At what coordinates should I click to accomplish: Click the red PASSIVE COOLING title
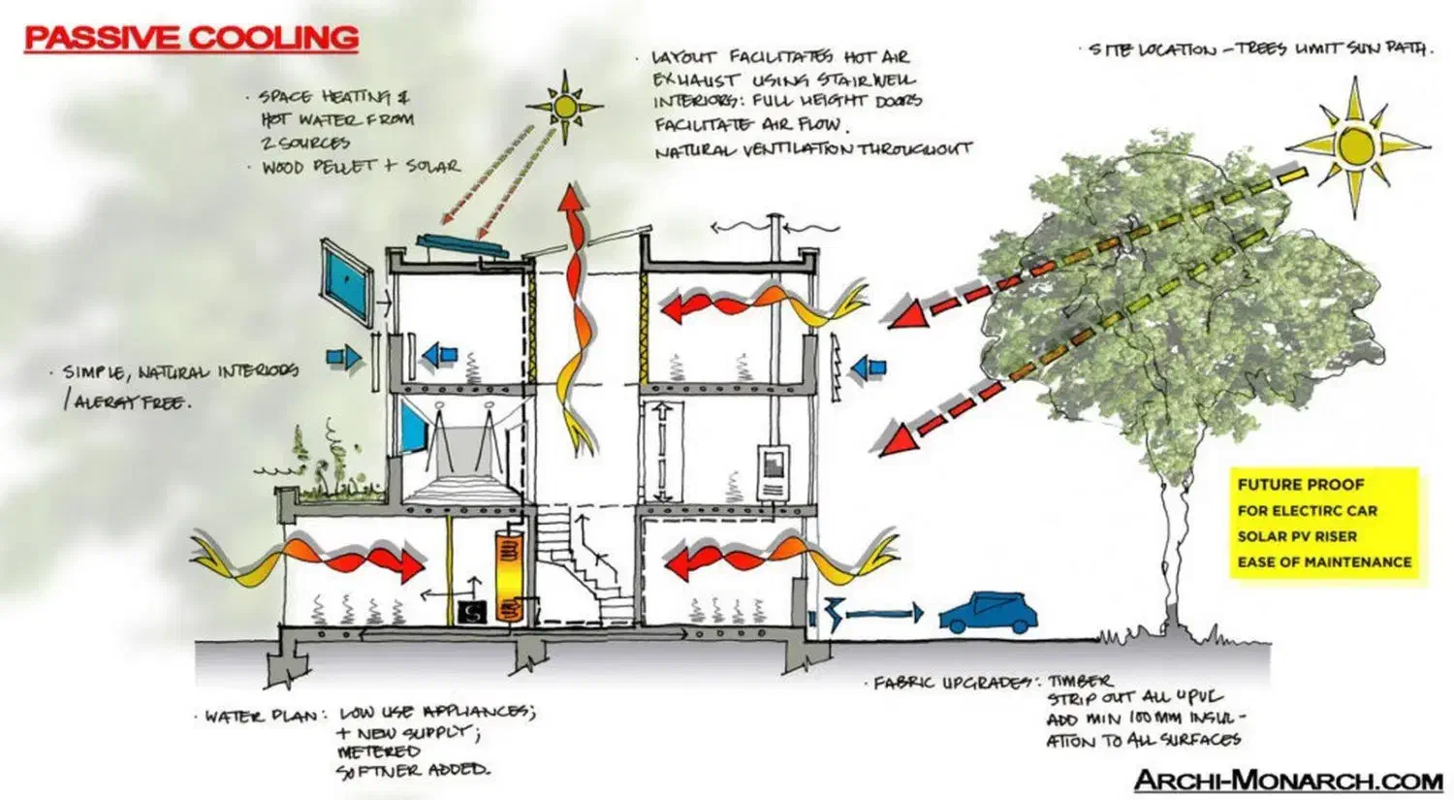click(x=191, y=38)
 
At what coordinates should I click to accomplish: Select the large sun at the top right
click(x=1355, y=144)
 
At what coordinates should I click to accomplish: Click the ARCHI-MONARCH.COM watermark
click(x=1288, y=780)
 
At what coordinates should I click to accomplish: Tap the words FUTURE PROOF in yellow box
click(x=1300, y=484)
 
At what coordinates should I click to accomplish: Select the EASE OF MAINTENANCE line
click(x=1324, y=561)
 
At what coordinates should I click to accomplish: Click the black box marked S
click(x=473, y=612)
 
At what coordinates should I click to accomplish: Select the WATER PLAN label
click(x=260, y=717)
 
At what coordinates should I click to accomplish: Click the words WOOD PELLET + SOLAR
click(x=360, y=167)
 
